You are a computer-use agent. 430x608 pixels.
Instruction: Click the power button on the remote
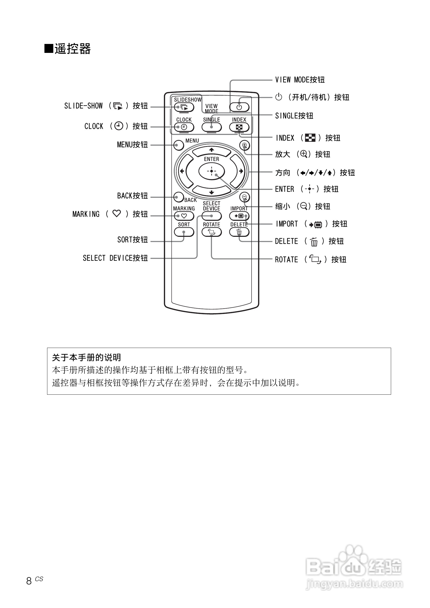239,107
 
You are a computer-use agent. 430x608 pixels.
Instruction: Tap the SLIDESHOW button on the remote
184,107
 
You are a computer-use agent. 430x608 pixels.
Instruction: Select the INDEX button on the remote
239,127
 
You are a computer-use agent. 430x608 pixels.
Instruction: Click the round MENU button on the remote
179,145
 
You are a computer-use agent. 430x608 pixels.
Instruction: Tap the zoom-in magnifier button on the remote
244,145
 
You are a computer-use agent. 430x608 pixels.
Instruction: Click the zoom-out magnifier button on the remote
244,197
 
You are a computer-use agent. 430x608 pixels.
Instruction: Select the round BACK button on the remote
179,197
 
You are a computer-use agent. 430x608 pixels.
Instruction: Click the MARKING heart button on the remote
184,216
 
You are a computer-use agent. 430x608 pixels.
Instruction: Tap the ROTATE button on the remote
211,232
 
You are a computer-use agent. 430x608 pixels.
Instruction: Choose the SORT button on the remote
184,232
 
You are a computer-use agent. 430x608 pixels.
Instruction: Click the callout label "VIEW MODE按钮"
300,80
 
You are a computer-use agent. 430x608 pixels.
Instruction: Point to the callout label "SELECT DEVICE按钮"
115,258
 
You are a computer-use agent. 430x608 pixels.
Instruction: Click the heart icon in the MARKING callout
117,213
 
